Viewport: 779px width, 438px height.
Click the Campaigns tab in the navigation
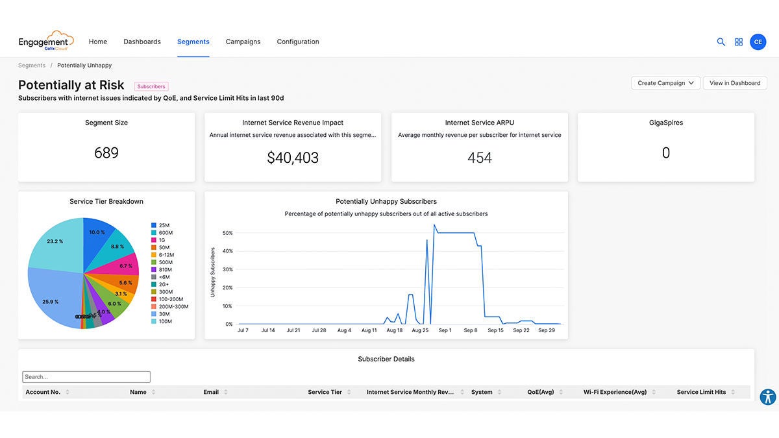pos(243,42)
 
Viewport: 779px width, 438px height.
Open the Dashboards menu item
pos(142,42)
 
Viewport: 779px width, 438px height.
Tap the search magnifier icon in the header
pos(721,42)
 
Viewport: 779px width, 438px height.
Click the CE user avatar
pos(758,42)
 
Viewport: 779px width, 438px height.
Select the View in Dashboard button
pos(735,83)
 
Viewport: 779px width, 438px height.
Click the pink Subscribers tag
pos(151,86)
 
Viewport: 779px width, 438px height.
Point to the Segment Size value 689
pos(106,153)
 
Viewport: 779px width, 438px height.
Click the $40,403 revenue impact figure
pos(293,158)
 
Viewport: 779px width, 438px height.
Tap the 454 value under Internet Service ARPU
pos(480,158)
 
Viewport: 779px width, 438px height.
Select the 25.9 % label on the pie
pos(51,302)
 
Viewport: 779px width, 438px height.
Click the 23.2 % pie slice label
pos(55,241)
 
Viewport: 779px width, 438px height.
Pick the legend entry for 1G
pos(162,240)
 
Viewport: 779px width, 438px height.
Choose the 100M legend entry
pos(165,321)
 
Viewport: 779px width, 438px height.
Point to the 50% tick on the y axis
pos(227,233)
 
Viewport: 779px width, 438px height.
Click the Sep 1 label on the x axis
pos(445,330)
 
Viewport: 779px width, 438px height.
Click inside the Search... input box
pos(86,376)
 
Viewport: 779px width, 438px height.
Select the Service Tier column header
pos(325,392)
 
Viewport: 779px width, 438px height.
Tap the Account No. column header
pos(43,392)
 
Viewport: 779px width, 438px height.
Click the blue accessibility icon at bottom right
pos(767,397)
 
